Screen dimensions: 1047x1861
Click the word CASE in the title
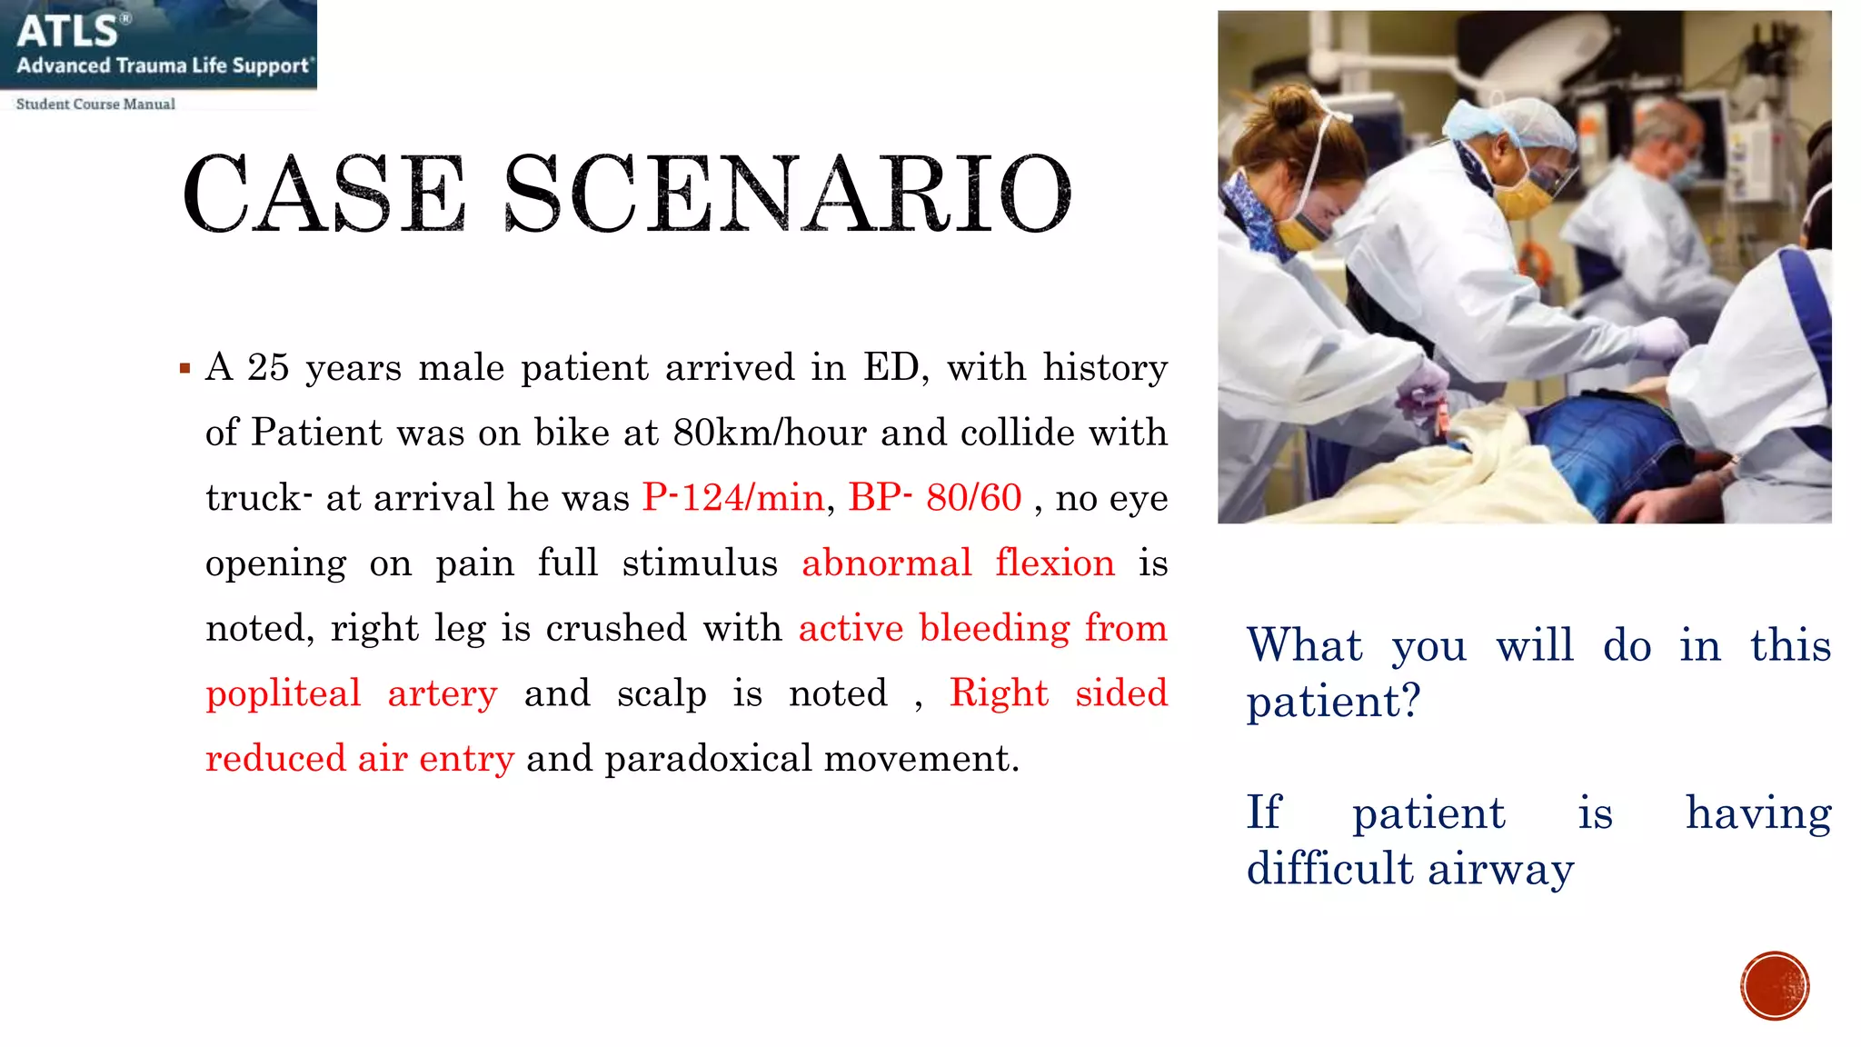tap(323, 193)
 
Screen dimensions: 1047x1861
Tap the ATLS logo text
tap(69, 32)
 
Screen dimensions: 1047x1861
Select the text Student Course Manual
tap(95, 104)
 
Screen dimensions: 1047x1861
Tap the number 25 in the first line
tap(268, 367)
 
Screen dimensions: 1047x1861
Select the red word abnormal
tap(886, 563)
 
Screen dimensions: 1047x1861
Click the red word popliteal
tap(283, 693)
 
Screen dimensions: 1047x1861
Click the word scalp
tap(662, 693)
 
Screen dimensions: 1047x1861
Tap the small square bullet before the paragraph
tap(185, 369)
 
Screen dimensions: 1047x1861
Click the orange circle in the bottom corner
tap(1775, 986)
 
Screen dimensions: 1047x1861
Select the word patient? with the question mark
tap(1333, 702)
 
